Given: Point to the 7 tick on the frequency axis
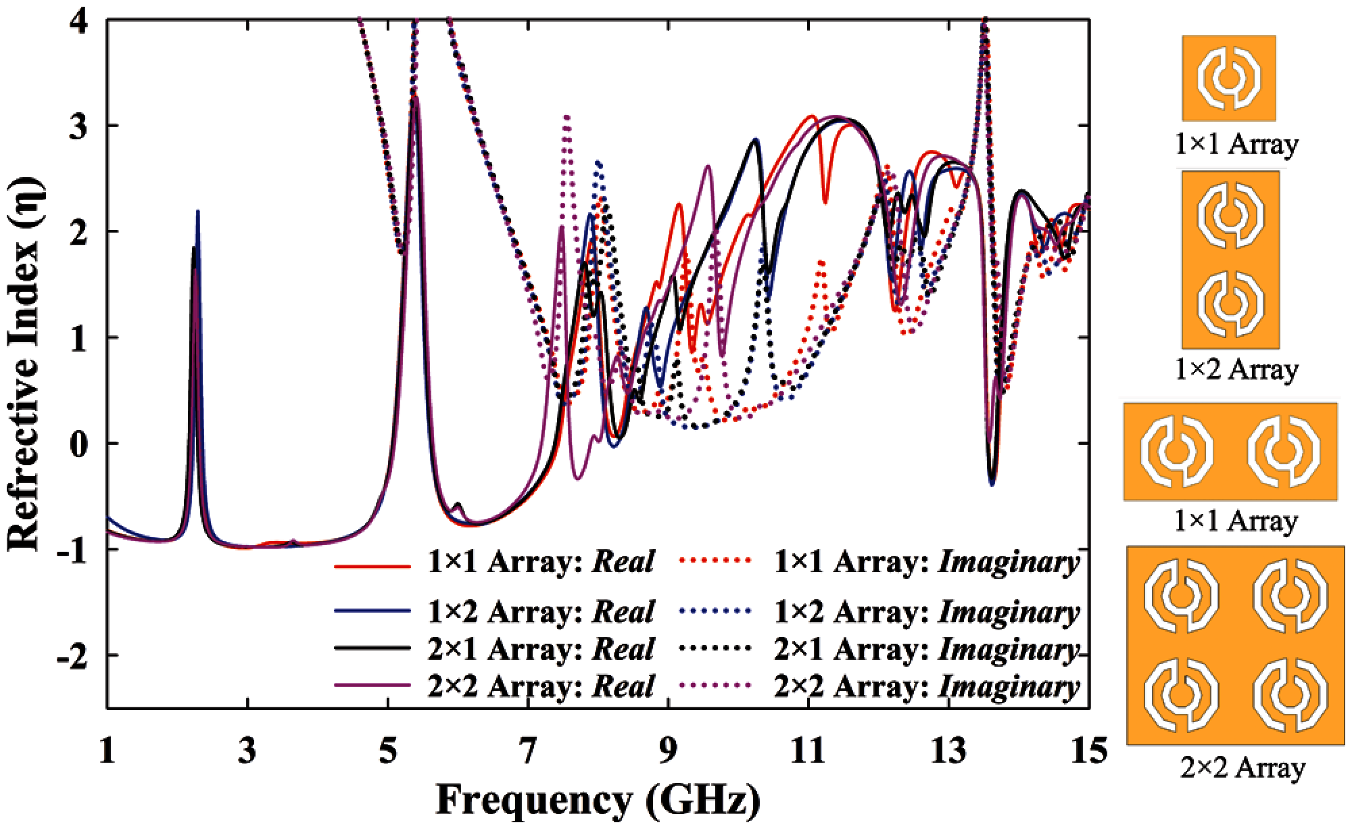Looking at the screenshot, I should [528, 751].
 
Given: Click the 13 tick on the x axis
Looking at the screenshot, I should [948, 751].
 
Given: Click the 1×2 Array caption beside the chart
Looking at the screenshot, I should [1236, 370].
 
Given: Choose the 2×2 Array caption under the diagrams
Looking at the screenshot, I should [1243, 767].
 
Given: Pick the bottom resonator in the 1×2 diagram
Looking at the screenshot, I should [1230, 306].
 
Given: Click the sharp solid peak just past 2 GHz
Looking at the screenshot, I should [197, 212].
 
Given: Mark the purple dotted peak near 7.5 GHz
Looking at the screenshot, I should [566, 118].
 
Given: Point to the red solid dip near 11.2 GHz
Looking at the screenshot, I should [825, 201].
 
